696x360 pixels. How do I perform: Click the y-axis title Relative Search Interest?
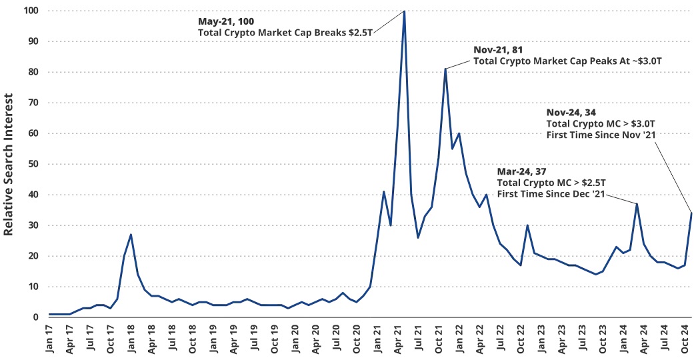[x=9, y=164]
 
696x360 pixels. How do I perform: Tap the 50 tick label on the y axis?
[x=32, y=164]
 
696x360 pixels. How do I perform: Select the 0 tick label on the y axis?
[x=35, y=317]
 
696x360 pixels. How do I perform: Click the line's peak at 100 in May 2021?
[x=404, y=11]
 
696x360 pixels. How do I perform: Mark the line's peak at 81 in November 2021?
[x=445, y=69]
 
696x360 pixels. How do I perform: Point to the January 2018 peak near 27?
[x=131, y=235]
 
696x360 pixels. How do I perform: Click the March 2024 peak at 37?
[x=637, y=204]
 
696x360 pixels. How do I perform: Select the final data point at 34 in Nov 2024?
[x=691, y=213]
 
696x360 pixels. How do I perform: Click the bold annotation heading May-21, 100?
[x=226, y=21]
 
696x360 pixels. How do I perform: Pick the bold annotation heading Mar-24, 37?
[x=524, y=171]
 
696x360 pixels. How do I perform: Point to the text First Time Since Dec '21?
[x=551, y=193]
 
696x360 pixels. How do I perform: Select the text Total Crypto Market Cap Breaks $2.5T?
[x=285, y=32]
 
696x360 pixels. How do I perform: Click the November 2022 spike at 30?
[x=527, y=225]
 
